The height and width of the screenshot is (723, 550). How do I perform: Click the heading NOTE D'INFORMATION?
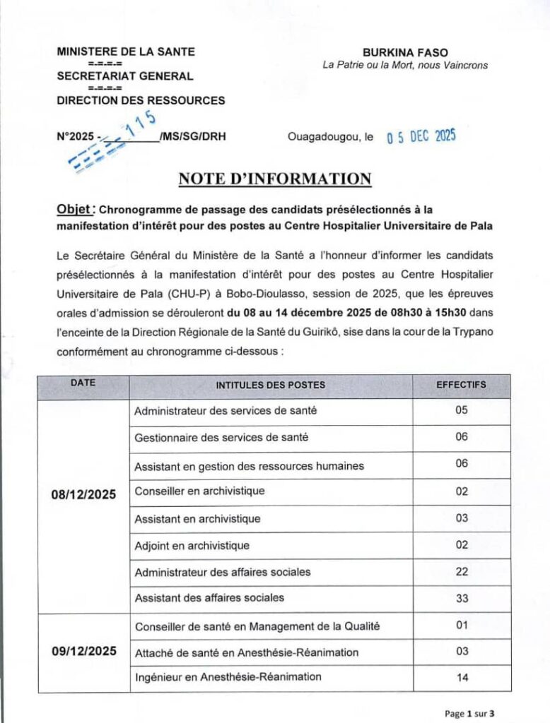coord(275,179)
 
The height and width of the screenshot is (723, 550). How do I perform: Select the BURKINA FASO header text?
coord(405,52)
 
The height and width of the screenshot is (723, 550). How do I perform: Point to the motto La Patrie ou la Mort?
coord(404,66)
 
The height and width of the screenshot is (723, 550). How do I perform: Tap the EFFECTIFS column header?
coord(461,385)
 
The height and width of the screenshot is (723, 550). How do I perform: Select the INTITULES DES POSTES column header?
coord(271,385)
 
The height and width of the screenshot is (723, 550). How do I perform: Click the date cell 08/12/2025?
coord(83,492)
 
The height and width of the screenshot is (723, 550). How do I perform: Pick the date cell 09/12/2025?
coord(83,651)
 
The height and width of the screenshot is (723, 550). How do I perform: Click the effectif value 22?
coord(462,571)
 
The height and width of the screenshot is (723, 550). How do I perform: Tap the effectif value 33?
coord(462,598)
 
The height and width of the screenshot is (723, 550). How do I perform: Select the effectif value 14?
coord(462,678)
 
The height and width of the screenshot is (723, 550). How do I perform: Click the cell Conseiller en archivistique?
coord(199,491)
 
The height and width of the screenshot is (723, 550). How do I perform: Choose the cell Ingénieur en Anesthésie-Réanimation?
coord(228,677)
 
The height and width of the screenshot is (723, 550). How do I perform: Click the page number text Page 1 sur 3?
coord(470,713)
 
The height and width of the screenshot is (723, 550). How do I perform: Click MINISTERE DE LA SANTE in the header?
coord(126,52)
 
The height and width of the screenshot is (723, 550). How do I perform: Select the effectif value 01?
coord(462,625)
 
